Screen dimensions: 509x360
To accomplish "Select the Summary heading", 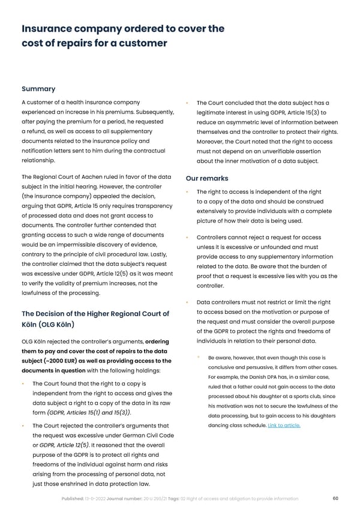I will [38, 89].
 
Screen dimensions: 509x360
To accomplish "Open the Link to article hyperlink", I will [284, 426].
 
